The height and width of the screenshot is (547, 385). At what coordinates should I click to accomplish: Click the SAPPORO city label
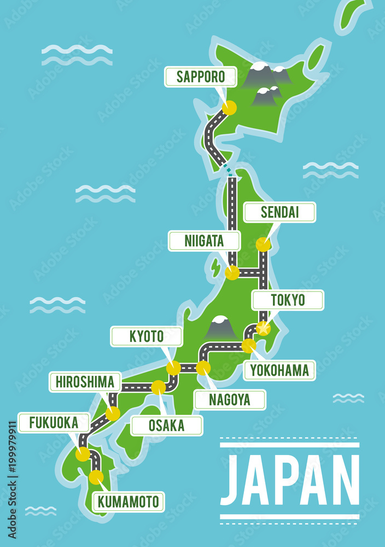click(x=201, y=77)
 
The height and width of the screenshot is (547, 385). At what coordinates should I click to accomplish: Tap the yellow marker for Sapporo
click(x=229, y=108)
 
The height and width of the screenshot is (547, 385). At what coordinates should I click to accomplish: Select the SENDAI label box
click(x=279, y=212)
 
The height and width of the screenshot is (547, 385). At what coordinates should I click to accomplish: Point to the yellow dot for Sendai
click(x=263, y=245)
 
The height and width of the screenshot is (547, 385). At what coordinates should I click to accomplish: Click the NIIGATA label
click(x=204, y=241)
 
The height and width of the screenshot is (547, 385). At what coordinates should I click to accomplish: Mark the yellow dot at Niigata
click(x=232, y=272)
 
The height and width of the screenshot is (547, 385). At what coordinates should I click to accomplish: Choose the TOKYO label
click(x=288, y=300)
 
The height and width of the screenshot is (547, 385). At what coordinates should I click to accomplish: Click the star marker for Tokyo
click(x=264, y=328)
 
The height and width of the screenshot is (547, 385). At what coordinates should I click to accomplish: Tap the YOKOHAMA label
click(x=279, y=370)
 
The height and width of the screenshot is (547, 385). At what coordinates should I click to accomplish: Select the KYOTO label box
click(x=147, y=336)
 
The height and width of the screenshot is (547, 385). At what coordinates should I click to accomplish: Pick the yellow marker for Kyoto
click(x=173, y=368)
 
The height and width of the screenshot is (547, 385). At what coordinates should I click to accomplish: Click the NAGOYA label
click(x=230, y=399)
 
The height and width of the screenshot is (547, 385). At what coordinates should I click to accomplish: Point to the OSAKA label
click(x=166, y=425)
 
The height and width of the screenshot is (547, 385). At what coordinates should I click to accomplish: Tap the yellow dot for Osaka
click(x=159, y=387)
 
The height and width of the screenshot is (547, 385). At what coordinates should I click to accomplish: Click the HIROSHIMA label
click(x=85, y=382)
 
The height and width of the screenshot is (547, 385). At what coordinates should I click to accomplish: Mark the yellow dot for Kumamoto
click(x=96, y=477)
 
